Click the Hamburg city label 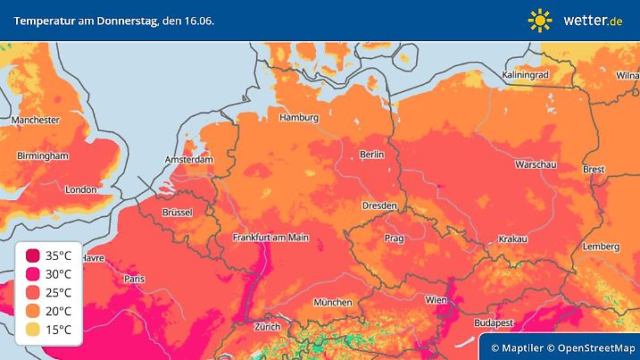pyautogui.click(x=299, y=118)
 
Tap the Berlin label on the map pyautogui.click(x=371, y=155)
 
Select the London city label pyautogui.click(x=80, y=189)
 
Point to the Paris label pyautogui.click(x=134, y=279)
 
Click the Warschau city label pyautogui.click(x=536, y=165)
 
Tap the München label pyautogui.click(x=332, y=302)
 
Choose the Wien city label pyautogui.click(x=436, y=300)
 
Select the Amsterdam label pyautogui.click(x=189, y=160)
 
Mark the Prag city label pyautogui.click(x=395, y=239)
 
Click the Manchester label pyautogui.click(x=35, y=120)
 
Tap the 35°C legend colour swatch pyautogui.click(x=33, y=255)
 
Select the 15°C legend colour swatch pyautogui.click(x=33, y=331)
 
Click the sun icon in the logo pyautogui.click(x=540, y=19)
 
